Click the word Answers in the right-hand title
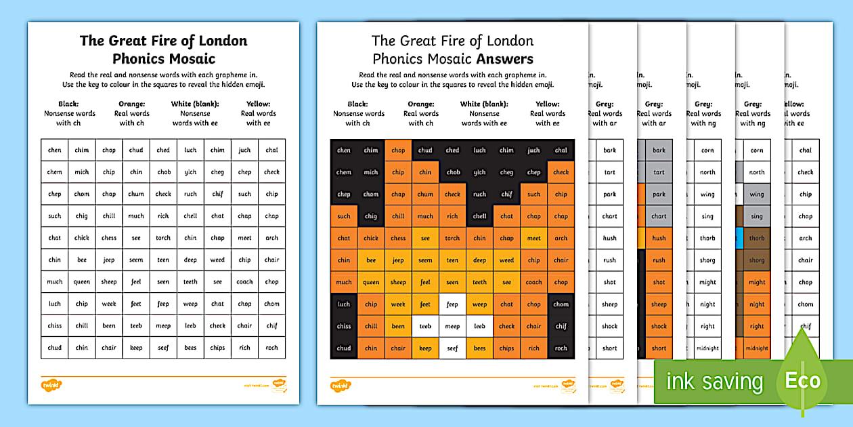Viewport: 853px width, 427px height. pyautogui.click(x=504, y=59)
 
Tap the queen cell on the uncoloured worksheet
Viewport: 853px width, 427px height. pyautogui.click(x=82, y=282)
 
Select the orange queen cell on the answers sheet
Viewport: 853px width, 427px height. pyautogui.click(x=371, y=282)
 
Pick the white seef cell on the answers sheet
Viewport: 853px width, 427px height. pyautogui.click(x=452, y=348)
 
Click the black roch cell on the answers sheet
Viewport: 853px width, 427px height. pyautogui.click(x=561, y=348)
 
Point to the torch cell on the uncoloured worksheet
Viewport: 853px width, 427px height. pyautogui.click(x=163, y=238)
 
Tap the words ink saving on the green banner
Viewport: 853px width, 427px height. pyautogui.click(x=714, y=382)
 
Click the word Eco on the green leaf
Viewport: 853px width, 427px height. pyautogui.click(x=803, y=380)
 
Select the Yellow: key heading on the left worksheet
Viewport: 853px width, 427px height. pyautogui.click(x=258, y=104)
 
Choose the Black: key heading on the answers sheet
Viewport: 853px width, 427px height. pyautogui.click(x=358, y=104)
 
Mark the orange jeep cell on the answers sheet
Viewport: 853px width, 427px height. pyautogui.click(x=398, y=260)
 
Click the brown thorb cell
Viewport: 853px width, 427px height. pyautogui.click(x=757, y=238)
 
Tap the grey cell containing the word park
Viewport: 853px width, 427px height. pyautogui.click(x=659, y=195)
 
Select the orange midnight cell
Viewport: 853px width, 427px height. pyautogui.click(x=757, y=348)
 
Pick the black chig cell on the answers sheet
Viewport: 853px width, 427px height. pyautogui.click(x=371, y=216)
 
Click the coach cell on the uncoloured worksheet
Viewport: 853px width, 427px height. pyautogui.click(x=244, y=282)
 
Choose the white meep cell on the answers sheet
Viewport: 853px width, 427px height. pyautogui.click(x=452, y=326)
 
